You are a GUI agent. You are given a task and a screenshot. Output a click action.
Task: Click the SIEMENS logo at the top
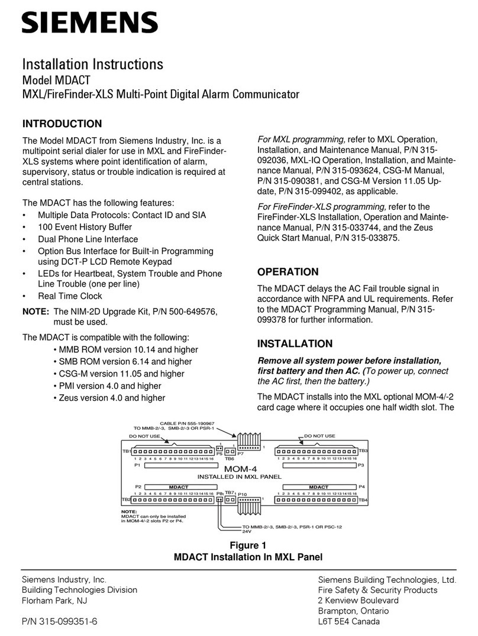click(90, 24)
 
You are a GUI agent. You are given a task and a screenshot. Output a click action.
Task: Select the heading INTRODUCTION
click(62, 124)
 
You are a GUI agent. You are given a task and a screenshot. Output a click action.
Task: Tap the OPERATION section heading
click(288, 272)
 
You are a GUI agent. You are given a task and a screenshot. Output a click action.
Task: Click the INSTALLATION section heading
click(295, 343)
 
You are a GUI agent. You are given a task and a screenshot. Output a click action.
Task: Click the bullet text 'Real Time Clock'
click(70, 296)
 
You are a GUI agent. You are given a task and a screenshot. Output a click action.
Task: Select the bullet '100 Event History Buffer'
click(85, 227)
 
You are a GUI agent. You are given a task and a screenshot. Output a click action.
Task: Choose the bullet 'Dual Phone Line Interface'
click(88, 239)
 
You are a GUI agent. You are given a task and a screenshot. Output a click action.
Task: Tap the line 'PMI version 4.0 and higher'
click(110, 385)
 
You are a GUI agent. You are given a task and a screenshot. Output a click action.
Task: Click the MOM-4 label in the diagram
click(239, 468)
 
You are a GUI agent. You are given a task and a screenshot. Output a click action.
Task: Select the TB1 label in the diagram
click(126, 451)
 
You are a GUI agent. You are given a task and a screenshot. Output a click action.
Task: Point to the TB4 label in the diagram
click(363, 500)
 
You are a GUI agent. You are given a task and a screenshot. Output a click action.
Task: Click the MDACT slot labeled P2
click(178, 488)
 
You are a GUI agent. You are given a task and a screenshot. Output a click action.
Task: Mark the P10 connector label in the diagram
click(242, 493)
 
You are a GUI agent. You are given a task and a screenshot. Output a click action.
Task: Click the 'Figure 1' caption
click(247, 546)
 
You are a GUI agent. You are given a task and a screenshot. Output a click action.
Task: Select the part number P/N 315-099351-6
click(60, 621)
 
